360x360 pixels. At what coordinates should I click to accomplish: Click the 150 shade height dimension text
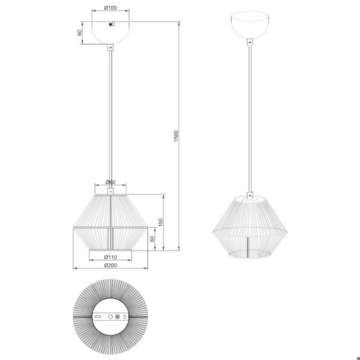161,223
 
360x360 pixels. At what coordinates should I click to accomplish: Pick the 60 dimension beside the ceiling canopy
80,32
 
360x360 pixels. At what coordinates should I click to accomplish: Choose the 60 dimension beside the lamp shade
153,239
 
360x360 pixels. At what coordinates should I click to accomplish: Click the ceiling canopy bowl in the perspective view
249,27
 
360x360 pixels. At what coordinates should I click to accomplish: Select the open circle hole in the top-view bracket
111,317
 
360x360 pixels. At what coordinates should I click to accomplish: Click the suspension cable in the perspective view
249,118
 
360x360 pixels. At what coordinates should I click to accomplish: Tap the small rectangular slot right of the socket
125,317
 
